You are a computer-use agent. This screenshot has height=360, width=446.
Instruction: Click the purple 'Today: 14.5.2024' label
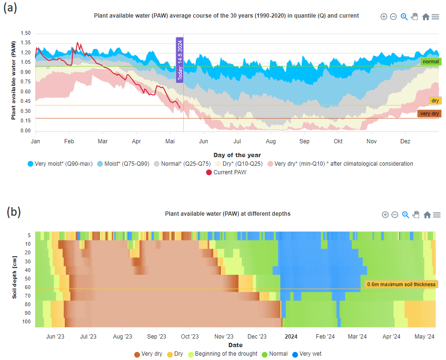pyautogui.click(x=180, y=60)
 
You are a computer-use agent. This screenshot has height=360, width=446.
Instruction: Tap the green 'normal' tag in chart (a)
pyautogui.click(x=431, y=61)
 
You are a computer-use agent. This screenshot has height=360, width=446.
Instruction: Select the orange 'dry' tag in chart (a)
pyautogui.click(x=435, y=100)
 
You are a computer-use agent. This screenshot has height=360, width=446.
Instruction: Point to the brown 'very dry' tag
pyautogui.click(x=429, y=114)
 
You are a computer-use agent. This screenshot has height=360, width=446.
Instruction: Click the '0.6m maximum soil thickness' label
pyautogui.click(x=401, y=284)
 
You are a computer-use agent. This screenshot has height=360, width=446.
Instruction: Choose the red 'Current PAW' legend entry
pyautogui.click(x=227, y=172)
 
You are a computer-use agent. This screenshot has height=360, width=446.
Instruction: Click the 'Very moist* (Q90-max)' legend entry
pyautogui.click(x=59, y=164)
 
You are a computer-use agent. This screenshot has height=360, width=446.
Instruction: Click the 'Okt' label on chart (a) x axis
pyautogui.click(x=338, y=141)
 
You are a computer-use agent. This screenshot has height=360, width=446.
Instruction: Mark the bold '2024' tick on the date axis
pyautogui.click(x=291, y=336)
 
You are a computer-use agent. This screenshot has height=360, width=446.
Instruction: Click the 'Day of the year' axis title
pyautogui.click(x=237, y=155)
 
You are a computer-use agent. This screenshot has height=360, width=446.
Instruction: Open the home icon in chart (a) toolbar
pyautogui.click(x=426, y=17)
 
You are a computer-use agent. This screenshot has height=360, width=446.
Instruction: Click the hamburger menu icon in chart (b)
pyautogui.click(x=436, y=215)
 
